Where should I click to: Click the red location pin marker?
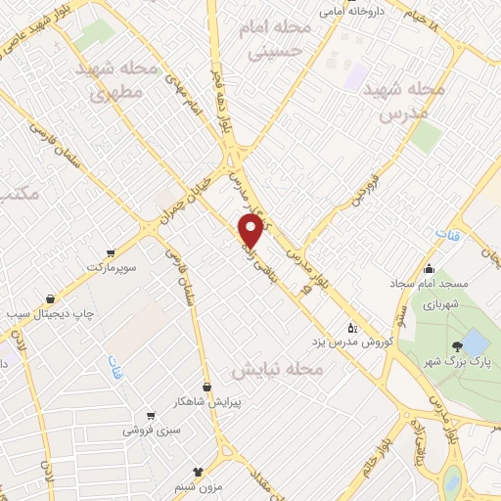tap(252, 230)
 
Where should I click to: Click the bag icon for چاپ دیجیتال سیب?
tap(49, 297)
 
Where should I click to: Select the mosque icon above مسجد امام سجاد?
tap(429, 268)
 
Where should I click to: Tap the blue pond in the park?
tap(475, 342)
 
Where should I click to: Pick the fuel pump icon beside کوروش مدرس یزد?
tap(353, 328)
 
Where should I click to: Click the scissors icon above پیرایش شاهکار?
tap(206, 387)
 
